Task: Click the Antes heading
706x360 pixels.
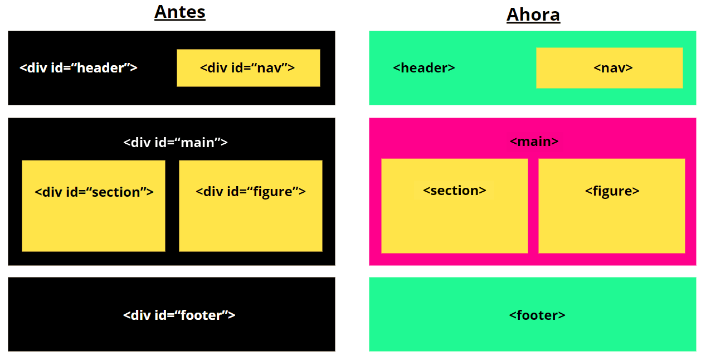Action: pos(179,12)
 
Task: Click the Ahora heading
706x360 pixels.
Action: pos(533,15)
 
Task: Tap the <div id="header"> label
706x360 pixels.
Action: pos(79,68)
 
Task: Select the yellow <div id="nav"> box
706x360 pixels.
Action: pos(249,68)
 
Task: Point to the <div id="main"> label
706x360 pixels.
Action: pos(175,143)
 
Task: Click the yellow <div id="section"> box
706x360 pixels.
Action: pos(94,206)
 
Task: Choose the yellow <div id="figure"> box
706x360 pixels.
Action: pos(251,206)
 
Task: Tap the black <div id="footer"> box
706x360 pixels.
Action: pos(172,314)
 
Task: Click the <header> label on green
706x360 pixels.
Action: pos(424,68)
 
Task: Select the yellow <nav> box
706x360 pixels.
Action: pos(610,68)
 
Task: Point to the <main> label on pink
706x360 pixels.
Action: pos(534,141)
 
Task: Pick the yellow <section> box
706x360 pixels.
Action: pos(455,206)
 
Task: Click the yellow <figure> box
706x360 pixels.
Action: pos(612,206)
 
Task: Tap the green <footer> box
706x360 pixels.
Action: pos(533,314)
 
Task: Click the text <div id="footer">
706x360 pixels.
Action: pos(179,315)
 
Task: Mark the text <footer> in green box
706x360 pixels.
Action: pos(537,315)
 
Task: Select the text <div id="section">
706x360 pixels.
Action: pos(94,192)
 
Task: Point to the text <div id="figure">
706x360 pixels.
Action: pos(251,192)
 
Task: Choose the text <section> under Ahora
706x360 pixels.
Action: pos(455,191)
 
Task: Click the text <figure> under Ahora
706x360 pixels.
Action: pos(612,191)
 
